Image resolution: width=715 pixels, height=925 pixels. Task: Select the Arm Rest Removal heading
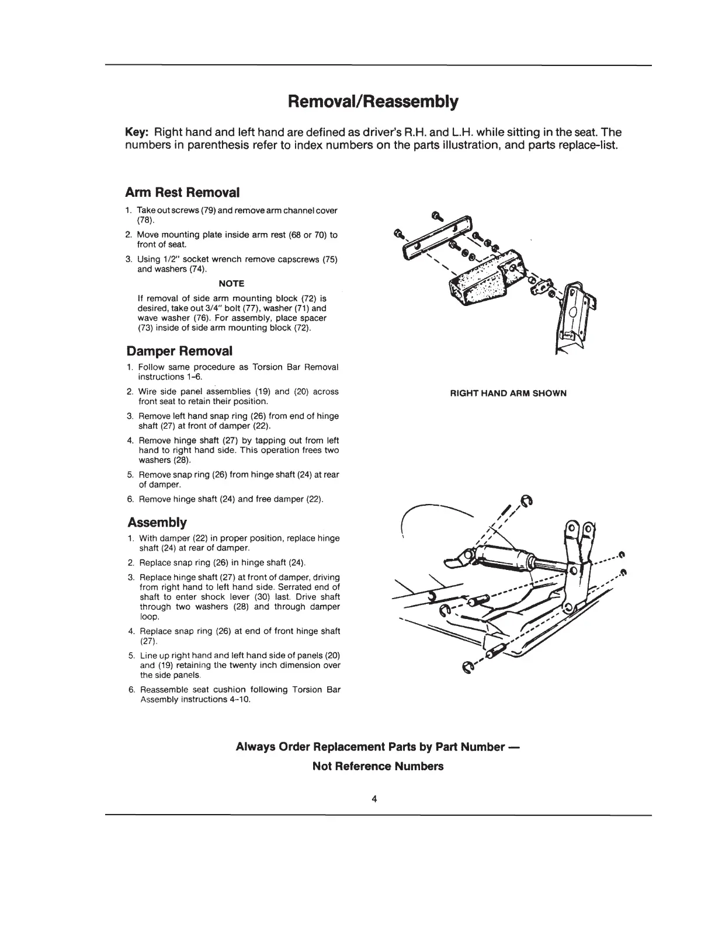pyautogui.click(x=183, y=192)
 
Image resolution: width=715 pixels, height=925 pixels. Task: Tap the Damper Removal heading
pyautogui.click(x=179, y=351)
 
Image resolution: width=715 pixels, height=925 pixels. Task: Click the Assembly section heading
pyautogui.click(x=157, y=521)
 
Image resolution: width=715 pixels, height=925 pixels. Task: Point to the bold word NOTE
pyautogui.click(x=231, y=283)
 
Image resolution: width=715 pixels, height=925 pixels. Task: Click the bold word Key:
pyautogui.click(x=138, y=132)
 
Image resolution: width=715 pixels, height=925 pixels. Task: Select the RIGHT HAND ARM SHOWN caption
pyautogui.click(x=508, y=393)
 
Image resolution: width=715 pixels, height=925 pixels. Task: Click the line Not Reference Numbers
pyautogui.click(x=377, y=766)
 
